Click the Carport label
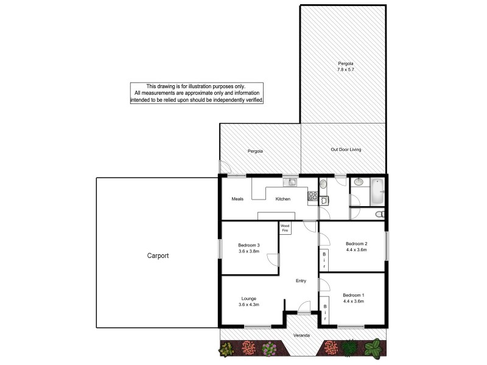tap(158, 256)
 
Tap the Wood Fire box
tap(285, 228)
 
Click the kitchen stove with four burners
tap(312, 196)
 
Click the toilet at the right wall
tap(380, 214)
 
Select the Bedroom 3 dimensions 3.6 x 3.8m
tap(249, 251)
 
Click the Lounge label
tap(248, 299)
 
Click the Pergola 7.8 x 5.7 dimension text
tap(346, 70)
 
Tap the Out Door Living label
tap(346, 150)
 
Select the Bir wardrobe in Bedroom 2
tap(324, 260)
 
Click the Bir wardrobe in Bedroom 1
tap(324, 313)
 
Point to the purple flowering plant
tap(270, 349)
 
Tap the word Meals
tap(237, 199)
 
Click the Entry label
tap(301, 280)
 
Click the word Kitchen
tap(283, 199)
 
